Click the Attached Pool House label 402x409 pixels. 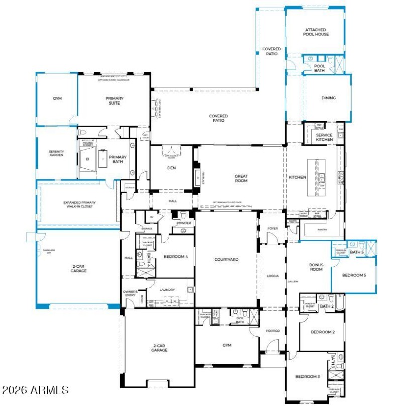(x=316, y=32)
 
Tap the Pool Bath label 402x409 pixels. (x=320, y=68)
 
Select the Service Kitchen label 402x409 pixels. (x=324, y=137)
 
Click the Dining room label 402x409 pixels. (x=328, y=98)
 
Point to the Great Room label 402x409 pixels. (x=241, y=178)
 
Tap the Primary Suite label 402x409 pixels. (x=114, y=101)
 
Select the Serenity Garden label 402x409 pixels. (x=56, y=153)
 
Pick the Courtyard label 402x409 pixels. (x=226, y=259)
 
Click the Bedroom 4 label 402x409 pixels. (x=176, y=256)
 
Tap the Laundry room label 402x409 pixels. (x=167, y=290)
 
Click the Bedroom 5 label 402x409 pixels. (x=354, y=275)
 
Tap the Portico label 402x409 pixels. (x=273, y=330)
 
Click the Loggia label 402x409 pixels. (x=272, y=276)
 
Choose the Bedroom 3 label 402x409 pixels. (x=308, y=377)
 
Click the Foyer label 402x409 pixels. (x=272, y=228)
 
